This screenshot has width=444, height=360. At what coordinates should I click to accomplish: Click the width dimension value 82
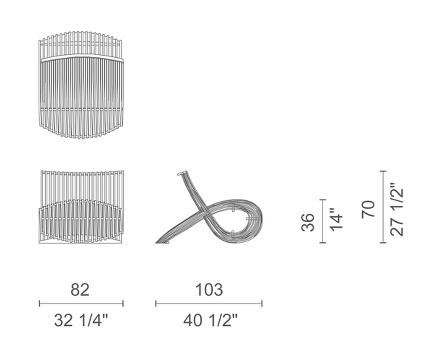click(x=80, y=290)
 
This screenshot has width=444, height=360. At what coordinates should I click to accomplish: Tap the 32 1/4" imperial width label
click(x=81, y=320)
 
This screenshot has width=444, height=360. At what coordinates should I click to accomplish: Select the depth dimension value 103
click(x=209, y=290)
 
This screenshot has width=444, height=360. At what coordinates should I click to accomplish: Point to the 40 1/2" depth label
click(x=210, y=320)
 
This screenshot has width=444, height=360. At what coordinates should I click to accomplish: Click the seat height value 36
click(x=308, y=222)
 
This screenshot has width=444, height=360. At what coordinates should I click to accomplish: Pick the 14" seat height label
click(x=337, y=220)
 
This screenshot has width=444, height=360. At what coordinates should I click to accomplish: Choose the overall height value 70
click(x=369, y=209)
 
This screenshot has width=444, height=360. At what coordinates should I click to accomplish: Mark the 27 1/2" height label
click(x=396, y=209)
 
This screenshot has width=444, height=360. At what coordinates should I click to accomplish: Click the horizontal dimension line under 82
click(x=81, y=304)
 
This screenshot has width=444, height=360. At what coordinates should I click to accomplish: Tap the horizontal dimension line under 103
click(x=209, y=304)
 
